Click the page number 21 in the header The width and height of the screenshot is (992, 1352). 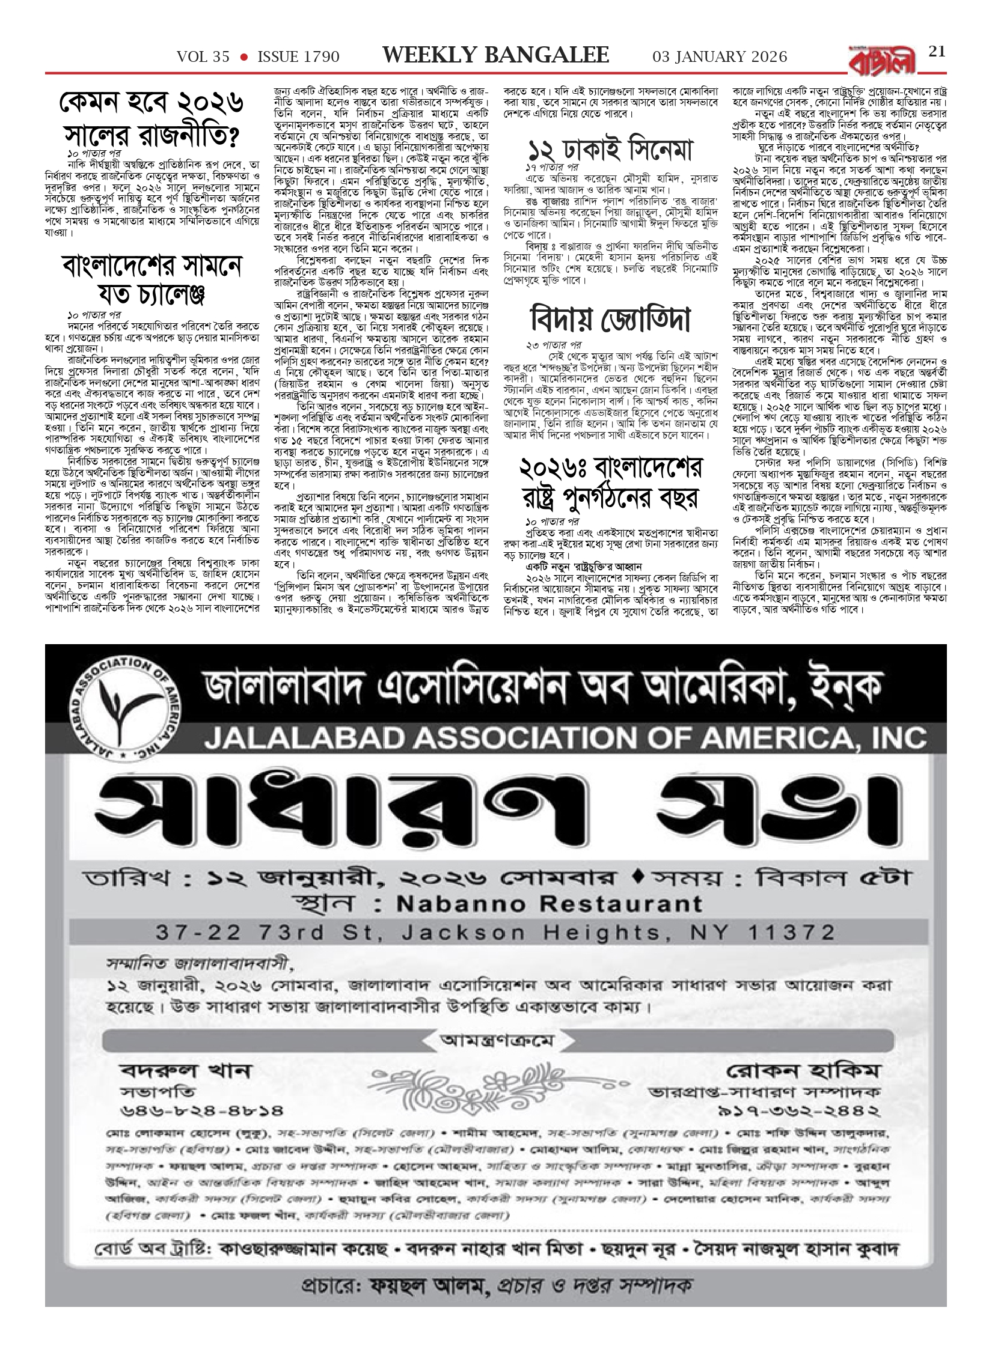coord(937,52)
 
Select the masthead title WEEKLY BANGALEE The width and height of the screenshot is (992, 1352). coord(495,56)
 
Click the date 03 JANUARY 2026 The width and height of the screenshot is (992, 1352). coord(720,57)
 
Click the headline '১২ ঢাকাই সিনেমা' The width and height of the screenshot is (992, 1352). coord(609,148)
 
